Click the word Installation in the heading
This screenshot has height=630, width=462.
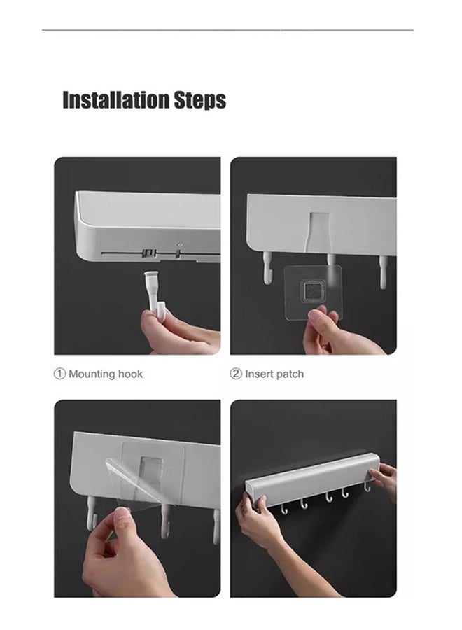tap(116, 99)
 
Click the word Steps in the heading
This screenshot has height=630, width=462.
tap(199, 100)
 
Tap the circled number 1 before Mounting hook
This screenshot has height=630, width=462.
tap(59, 374)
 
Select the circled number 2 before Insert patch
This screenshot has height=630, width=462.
tap(236, 374)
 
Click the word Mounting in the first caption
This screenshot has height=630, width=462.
tap(92, 374)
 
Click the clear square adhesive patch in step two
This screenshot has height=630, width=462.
tap(313, 293)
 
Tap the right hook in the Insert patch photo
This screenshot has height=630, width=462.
tap(384, 272)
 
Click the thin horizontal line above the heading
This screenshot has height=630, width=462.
tap(227, 29)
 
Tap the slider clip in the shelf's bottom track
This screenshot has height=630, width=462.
tap(149, 253)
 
